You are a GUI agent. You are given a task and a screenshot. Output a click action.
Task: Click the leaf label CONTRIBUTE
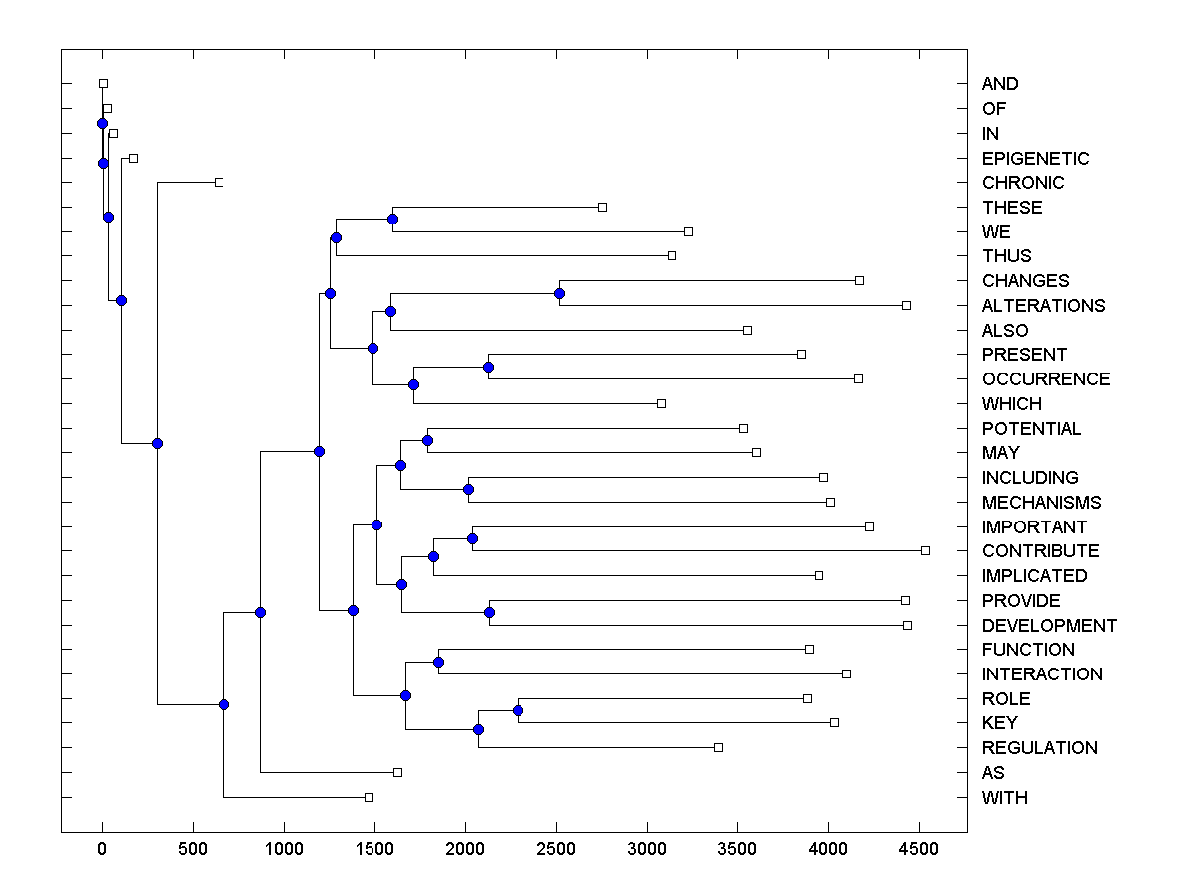[1040, 551]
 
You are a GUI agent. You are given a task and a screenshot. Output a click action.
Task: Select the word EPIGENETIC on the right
[1035, 159]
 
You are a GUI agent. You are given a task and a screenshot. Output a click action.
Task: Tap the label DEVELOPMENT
[1049, 626]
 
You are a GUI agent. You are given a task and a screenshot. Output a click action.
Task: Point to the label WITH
[1004, 798]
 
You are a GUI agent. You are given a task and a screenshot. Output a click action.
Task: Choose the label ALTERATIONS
[1043, 306]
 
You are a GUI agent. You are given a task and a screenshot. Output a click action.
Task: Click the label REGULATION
[1039, 748]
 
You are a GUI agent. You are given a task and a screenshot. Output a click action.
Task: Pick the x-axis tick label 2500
[556, 850]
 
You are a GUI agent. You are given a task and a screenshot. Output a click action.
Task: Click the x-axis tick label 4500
[919, 850]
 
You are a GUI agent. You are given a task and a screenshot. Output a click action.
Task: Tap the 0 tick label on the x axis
[102, 850]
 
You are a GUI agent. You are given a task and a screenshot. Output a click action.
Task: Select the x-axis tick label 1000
[284, 850]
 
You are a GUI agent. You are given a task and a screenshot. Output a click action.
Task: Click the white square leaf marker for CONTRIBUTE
[925, 550]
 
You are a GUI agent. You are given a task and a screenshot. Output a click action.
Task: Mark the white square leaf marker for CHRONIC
[220, 182]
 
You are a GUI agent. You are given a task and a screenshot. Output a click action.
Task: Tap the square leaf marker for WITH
[369, 797]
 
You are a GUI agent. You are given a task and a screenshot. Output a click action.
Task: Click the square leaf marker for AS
[397, 772]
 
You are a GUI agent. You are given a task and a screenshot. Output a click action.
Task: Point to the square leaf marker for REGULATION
[718, 747]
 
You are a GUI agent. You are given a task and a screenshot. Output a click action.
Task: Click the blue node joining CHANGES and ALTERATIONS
[559, 293]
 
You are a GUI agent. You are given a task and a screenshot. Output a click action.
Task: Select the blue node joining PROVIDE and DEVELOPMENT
[489, 613]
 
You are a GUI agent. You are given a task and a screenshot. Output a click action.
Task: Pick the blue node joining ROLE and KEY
[518, 710]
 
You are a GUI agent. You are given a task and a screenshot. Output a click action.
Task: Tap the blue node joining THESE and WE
[392, 219]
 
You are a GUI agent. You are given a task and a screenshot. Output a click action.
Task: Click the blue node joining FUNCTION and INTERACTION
[438, 662]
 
